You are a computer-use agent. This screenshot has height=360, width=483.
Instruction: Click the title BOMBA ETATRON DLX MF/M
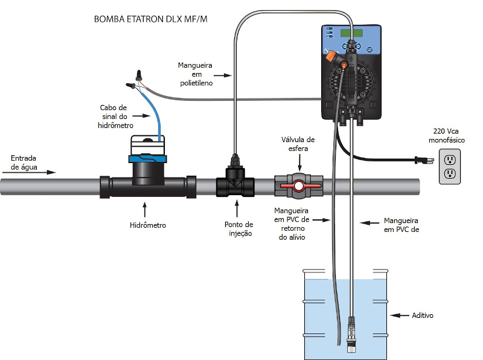(155, 19)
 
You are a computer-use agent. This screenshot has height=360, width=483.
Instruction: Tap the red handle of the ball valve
(299, 188)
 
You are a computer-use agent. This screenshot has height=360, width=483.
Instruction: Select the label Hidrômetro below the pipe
(147, 225)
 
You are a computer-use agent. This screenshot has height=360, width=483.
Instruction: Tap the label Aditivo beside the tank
(422, 315)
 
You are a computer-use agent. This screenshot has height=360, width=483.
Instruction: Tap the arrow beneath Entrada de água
(33, 172)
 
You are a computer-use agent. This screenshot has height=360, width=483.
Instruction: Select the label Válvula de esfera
(298, 144)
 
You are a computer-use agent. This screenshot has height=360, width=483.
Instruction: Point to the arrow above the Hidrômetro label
(144, 209)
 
